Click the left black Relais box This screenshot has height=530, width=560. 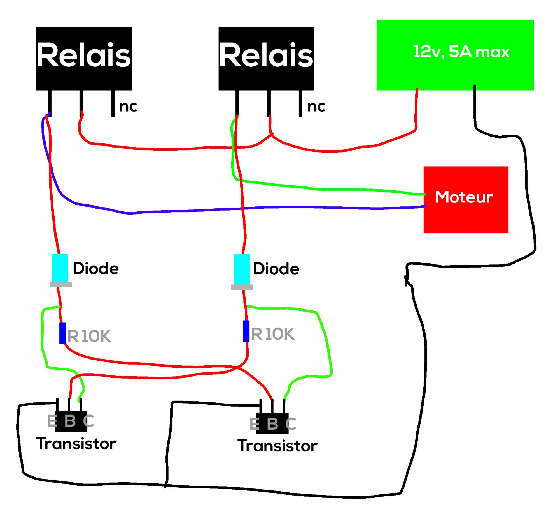(x=84, y=59)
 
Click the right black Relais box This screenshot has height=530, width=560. (x=266, y=59)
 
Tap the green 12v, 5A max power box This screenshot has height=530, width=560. (x=455, y=55)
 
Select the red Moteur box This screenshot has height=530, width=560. (x=465, y=200)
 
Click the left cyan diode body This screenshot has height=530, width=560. (x=60, y=268)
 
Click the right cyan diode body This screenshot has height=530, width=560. (x=242, y=269)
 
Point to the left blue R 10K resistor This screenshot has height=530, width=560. (x=63, y=333)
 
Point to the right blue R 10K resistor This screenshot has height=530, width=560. (x=246, y=331)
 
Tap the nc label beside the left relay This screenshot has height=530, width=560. (x=128, y=107)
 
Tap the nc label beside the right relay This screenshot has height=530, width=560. (x=316, y=107)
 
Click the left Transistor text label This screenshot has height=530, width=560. (x=76, y=444)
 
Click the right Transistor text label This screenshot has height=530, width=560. (x=277, y=446)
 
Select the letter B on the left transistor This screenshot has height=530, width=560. (x=70, y=421)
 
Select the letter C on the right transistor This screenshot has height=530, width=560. (x=291, y=423)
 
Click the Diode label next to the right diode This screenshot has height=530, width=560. (x=276, y=268)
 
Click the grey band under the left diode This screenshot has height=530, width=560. (x=61, y=285)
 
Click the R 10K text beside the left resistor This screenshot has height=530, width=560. (x=89, y=336)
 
